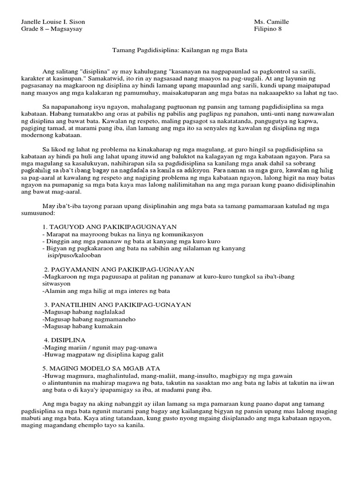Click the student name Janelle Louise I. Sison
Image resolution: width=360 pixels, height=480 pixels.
tap(54, 22)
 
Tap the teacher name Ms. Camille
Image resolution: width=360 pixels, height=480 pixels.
tap(271, 22)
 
